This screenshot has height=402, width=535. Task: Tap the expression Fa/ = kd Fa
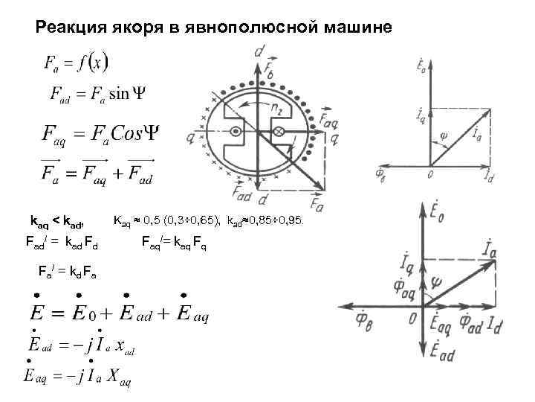click(68, 272)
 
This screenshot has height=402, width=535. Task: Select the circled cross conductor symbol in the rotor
click(281, 132)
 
